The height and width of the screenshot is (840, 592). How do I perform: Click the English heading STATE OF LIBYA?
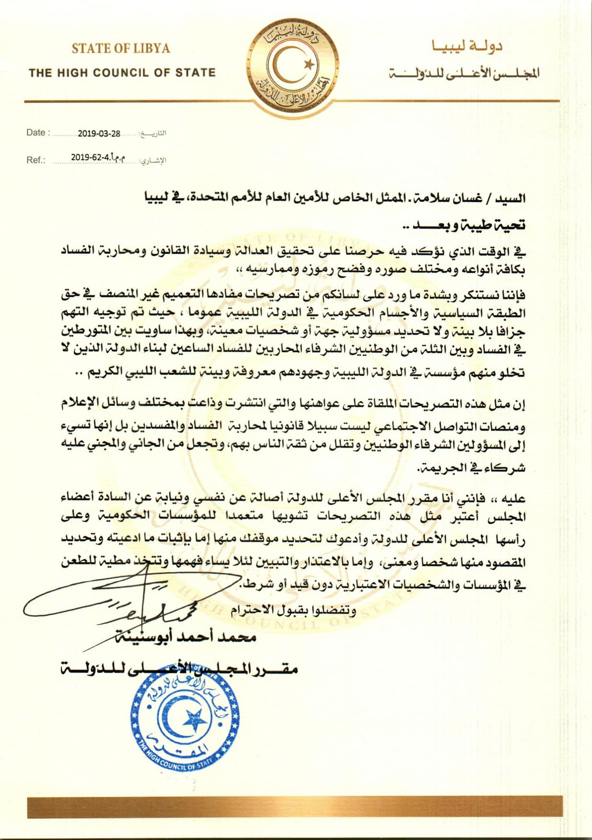click(121, 48)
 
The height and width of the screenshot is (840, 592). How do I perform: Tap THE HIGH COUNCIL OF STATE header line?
click(122, 73)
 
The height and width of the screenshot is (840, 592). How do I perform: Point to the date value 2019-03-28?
click(99, 134)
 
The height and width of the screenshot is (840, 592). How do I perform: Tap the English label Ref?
click(35, 160)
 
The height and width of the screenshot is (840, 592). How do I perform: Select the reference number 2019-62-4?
click(91, 157)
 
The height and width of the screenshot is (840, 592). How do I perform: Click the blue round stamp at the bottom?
click(185, 727)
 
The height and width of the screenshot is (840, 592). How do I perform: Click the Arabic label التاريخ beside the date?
click(152, 134)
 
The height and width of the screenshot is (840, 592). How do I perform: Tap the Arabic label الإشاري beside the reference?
click(153, 161)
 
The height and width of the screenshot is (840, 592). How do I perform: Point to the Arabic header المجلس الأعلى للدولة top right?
click(465, 73)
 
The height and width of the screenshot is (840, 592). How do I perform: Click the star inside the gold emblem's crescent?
click(309, 63)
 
